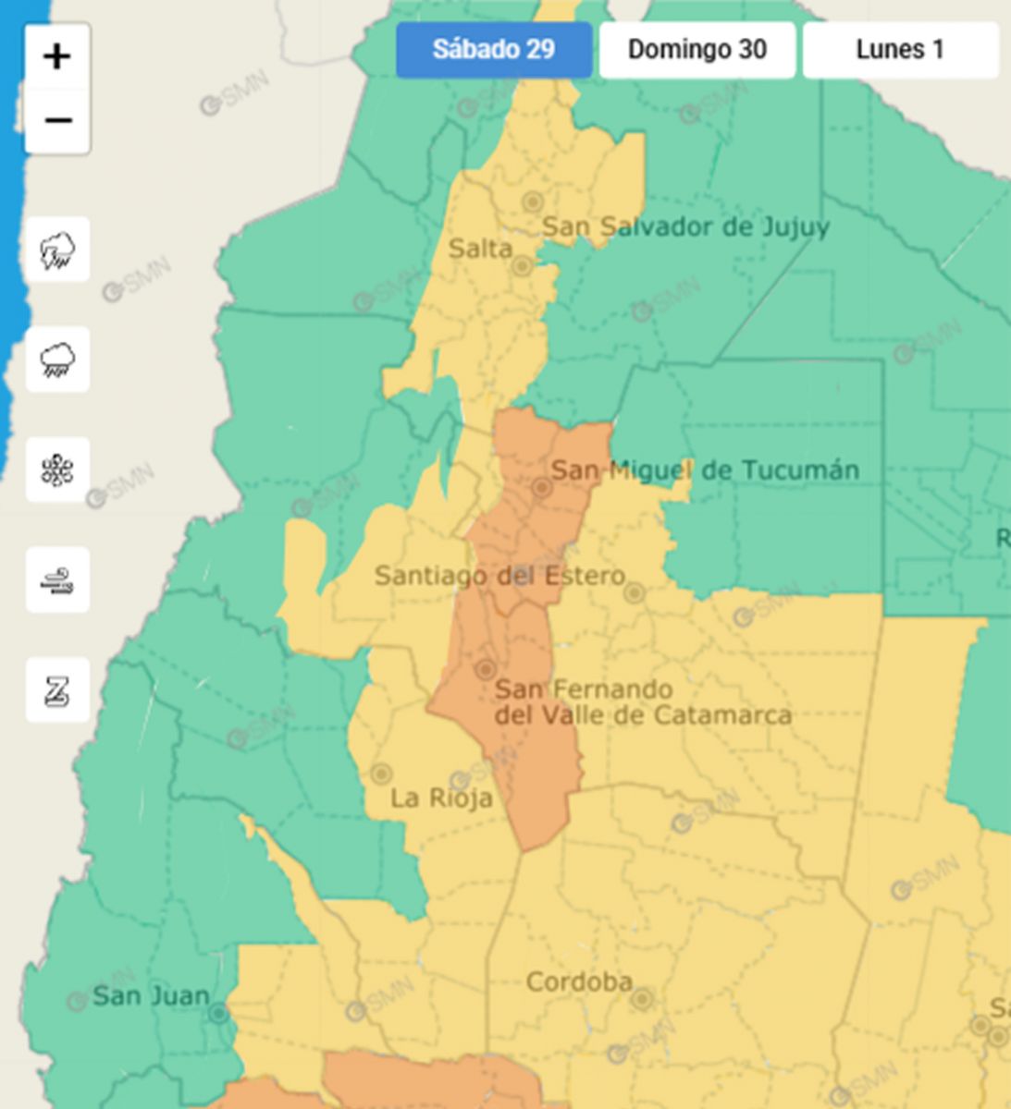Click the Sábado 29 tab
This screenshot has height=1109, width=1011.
tap(494, 50)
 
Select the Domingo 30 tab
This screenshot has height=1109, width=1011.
tap(697, 50)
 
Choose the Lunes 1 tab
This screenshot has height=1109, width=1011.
tap(900, 50)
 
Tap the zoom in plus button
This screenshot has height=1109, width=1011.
tap(57, 57)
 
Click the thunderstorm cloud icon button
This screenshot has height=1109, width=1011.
tap(57, 250)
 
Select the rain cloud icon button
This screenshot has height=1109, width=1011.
tap(57, 360)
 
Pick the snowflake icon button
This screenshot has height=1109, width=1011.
tap(57, 470)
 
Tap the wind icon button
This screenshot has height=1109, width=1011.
tap(57, 580)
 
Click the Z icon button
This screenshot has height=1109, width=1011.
tap(57, 690)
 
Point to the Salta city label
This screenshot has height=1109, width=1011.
tap(480, 248)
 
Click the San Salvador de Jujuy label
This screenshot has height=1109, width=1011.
tap(684, 226)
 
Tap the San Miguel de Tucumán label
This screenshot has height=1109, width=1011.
tap(705, 469)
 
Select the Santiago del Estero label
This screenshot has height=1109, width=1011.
tap(499, 576)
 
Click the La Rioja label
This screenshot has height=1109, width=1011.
tap(440, 798)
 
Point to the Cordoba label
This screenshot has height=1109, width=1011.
tap(579, 981)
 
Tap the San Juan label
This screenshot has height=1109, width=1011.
tap(151, 996)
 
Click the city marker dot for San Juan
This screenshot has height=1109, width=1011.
tap(218, 1014)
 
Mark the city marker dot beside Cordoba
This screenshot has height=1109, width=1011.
tap(642, 998)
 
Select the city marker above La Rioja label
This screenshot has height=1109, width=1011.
tap(380, 774)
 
